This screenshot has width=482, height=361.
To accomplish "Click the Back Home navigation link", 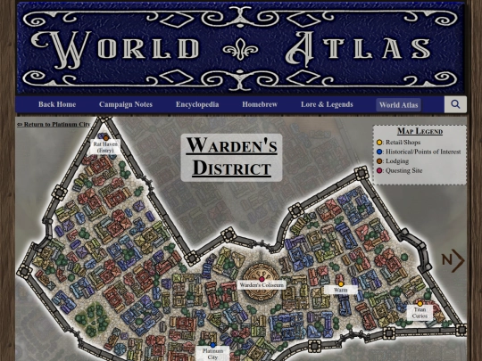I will tap(57, 105).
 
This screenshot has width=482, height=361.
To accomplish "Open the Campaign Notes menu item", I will tap(126, 105).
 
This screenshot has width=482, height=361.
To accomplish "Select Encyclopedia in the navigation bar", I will tap(197, 105).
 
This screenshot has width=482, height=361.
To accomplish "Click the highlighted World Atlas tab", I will tap(398, 105).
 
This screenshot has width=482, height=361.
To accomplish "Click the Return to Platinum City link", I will tap(54, 125).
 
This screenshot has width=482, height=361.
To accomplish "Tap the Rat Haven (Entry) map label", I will tap(105, 147).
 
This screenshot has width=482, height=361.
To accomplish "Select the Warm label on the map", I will tap(340, 290).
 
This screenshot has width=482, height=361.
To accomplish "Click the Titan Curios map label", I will tap(420, 312).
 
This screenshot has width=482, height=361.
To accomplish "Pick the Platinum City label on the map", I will tap(212, 354).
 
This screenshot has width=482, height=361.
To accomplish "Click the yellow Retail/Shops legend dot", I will tap(379, 143).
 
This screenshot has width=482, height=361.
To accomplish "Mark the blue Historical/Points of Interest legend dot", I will tap(379, 152).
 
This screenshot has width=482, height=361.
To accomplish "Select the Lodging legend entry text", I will tap(397, 161).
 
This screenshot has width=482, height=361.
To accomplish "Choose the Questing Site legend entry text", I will tap(403, 171).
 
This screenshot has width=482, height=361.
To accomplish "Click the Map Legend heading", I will tap(420, 132).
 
